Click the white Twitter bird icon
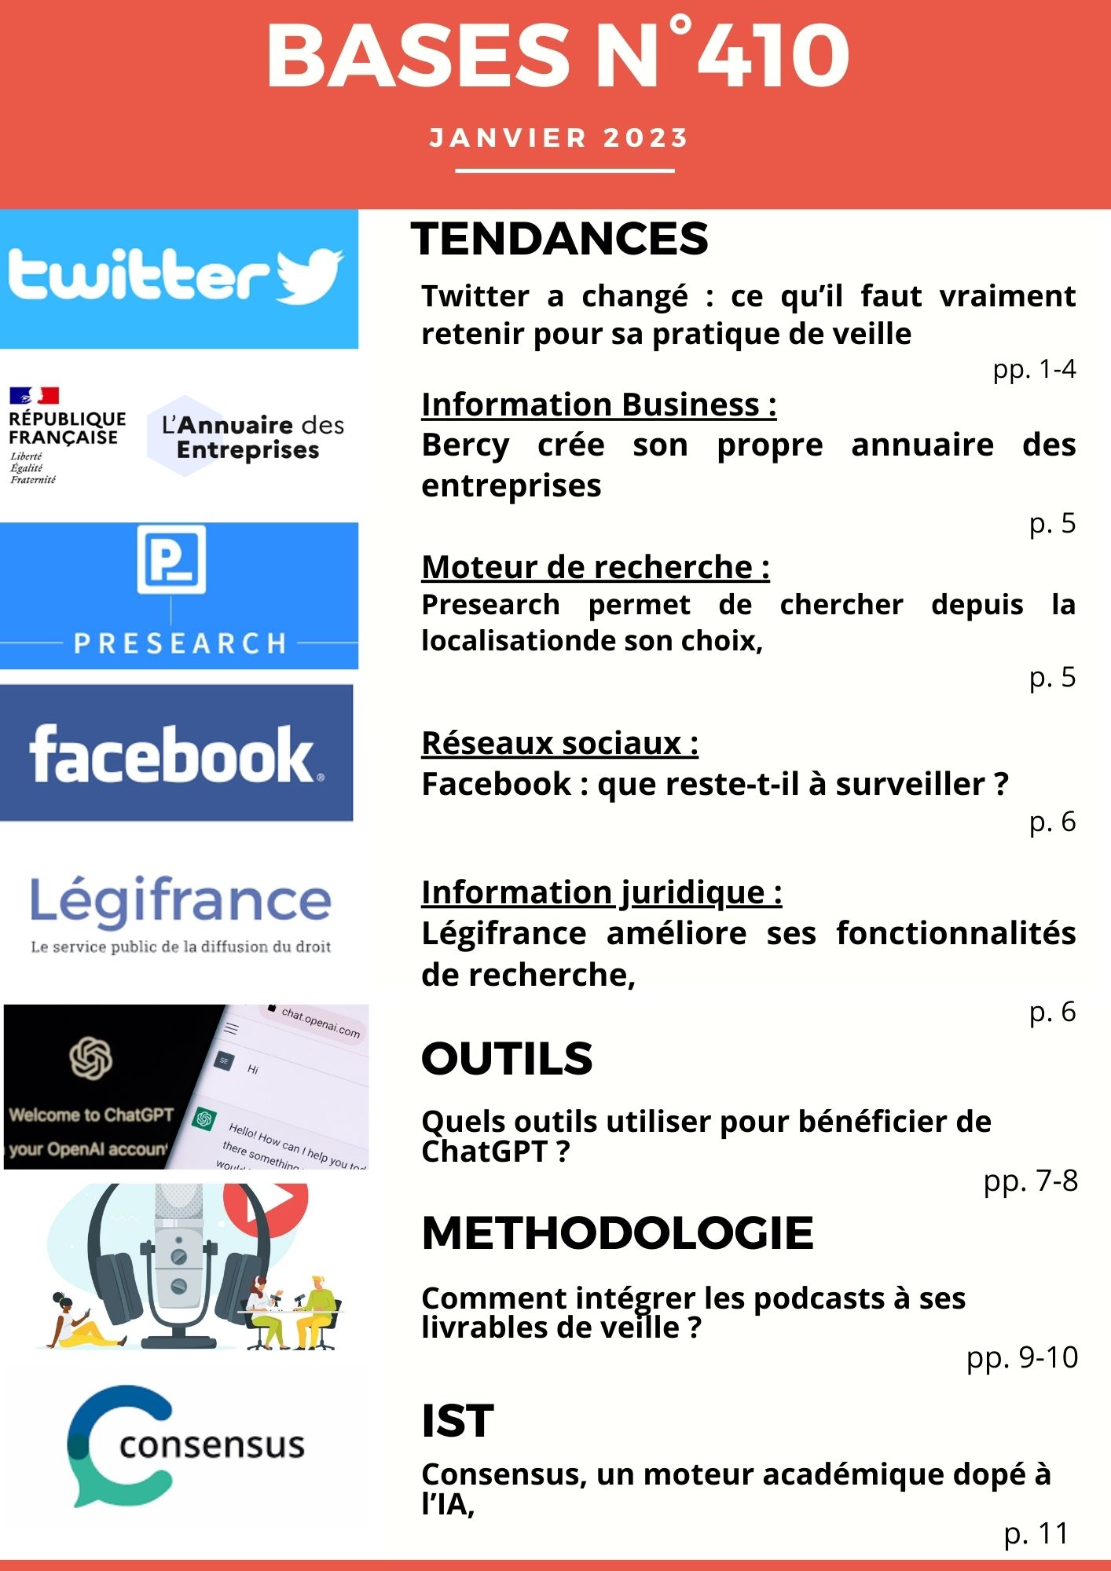(309, 276)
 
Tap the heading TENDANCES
(559, 239)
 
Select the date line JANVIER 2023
(559, 138)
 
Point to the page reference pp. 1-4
(1033, 368)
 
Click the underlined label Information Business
(598, 405)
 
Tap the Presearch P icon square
(171, 559)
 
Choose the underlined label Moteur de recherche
(595, 567)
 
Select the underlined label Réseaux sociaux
(559, 743)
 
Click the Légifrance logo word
(181, 901)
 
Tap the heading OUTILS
(507, 1059)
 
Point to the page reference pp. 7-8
(1030, 1181)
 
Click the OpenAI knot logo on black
(91, 1058)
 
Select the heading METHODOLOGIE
(617, 1233)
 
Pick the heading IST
(457, 1421)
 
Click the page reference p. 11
(1036, 1533)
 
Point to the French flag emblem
(35, 395)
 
